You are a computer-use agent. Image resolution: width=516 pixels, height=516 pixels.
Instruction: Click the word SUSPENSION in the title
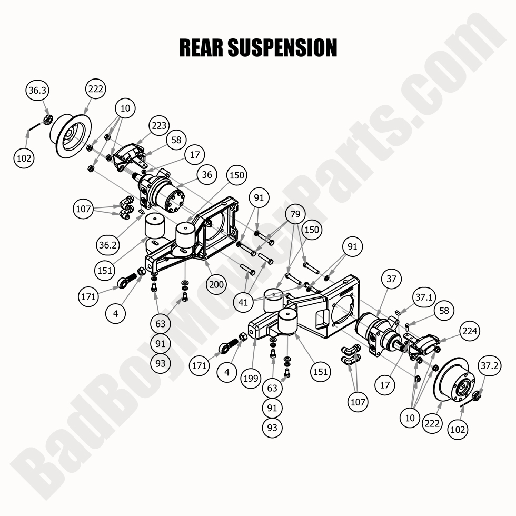tap(281, 47)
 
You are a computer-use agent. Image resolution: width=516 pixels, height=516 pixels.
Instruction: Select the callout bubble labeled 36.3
tap(37, 91)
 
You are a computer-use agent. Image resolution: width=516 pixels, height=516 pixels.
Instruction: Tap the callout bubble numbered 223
tap(159, 125)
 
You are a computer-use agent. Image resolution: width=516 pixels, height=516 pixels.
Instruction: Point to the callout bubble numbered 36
tap(208, 175)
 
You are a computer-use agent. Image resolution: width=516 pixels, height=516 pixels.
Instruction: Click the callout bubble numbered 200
tap(216, 285)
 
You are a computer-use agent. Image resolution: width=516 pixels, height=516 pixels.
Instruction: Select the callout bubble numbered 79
tap(296, 214)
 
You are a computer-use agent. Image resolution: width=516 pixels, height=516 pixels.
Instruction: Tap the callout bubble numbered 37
tap(391, 279)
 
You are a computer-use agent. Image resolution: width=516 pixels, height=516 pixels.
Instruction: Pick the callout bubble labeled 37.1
tap(423, 297)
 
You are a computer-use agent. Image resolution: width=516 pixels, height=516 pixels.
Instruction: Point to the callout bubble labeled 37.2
tap(490, 365)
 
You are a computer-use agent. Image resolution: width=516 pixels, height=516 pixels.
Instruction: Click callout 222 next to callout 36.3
tap(96, 89)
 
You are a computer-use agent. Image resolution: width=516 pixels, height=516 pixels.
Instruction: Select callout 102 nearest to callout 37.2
tap(458, 429)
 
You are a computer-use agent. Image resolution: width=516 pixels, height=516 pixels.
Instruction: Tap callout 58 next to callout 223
tap(176, 140)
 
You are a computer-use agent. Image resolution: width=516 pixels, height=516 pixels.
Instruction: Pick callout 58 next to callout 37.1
tap(444, 311)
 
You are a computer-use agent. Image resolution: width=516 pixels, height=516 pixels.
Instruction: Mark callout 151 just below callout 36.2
tap(105, 270)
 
